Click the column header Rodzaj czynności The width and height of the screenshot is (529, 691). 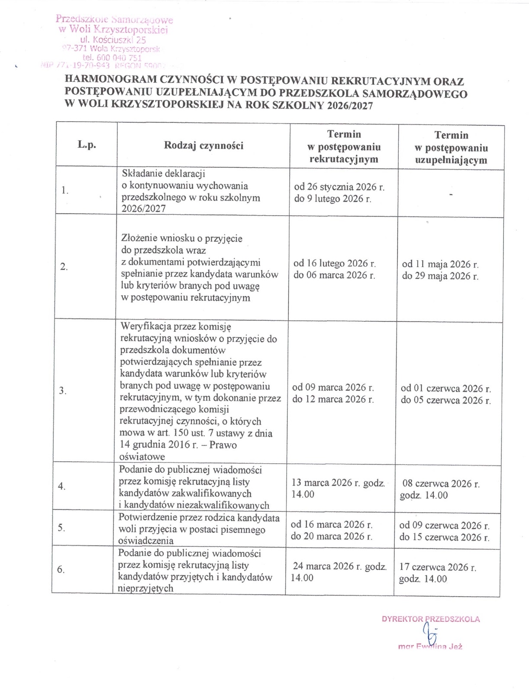203,145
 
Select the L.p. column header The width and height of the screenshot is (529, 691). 87,145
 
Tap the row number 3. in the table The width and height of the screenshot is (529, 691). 63,391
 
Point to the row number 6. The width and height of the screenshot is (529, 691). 61,570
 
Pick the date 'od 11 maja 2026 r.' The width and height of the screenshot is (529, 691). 440,264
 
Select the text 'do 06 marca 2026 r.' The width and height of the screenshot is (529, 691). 334,275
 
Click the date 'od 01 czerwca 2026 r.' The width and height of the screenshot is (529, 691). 445,388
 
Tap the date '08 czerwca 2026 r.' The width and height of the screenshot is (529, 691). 441,484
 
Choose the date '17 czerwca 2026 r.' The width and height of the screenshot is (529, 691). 438,567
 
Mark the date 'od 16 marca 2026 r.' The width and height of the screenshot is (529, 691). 331,525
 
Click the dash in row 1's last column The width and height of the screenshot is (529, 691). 451,195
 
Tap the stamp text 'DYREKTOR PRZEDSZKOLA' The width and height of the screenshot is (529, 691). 430,619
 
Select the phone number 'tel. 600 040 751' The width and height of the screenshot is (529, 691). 112,58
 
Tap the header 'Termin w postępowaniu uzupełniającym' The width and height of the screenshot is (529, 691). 451,148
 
